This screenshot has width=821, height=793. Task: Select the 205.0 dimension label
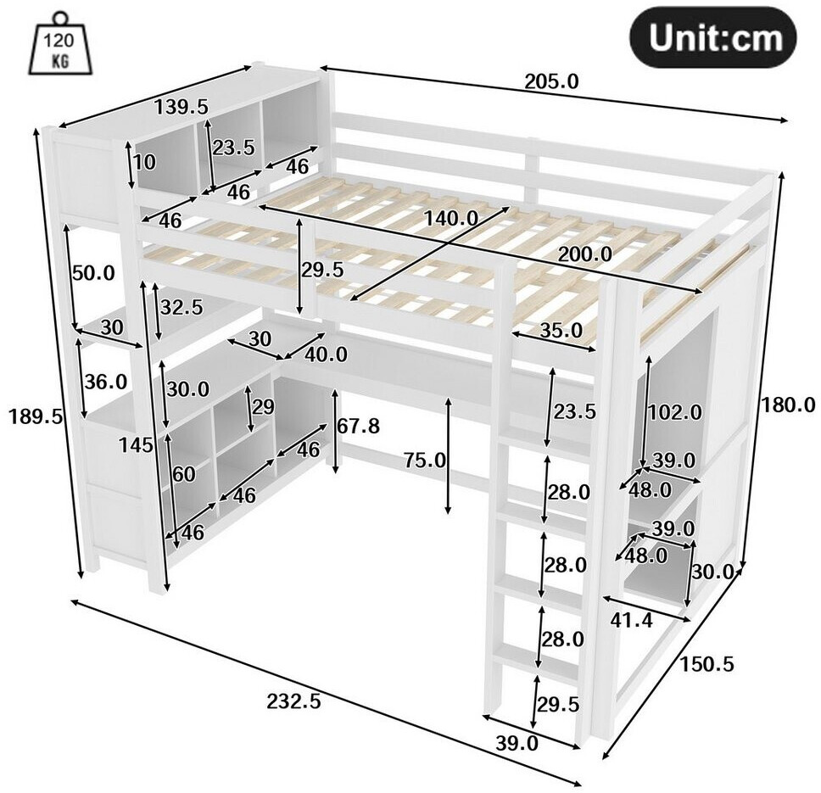[x=551, y=81]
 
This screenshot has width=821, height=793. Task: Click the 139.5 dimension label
[x=182, y=108]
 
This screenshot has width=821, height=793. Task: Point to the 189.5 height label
[x=36, y=417]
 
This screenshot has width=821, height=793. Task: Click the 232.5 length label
[x=293, y=701]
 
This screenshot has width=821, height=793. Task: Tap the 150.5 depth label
[x=707, y=664]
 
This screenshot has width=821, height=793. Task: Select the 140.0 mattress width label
[x=451, y=218]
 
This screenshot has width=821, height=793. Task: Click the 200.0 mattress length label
[x=585, y=254]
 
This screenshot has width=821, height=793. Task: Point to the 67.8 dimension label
[x=358, y=427]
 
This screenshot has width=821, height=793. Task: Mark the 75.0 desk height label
[x=425, y=461]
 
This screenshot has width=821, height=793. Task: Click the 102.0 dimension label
[x=674, y=412]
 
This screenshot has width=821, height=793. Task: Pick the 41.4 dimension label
[x=632, y=620]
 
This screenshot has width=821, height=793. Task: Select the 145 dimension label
[x=136, y=445]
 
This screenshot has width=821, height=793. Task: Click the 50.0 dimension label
[x=93, y=273]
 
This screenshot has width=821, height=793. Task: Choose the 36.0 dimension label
[x=106, y=382]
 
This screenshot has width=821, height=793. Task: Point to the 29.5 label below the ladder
[x=558, y=705]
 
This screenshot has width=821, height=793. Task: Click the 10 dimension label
[x=144, y=162]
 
